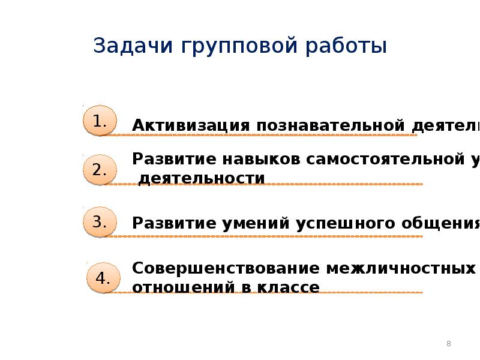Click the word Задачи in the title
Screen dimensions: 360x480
tap(127, 46)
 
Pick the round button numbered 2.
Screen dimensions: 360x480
tap(100, 170)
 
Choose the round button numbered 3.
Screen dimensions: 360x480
tap(100, 223)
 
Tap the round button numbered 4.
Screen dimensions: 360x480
tap(103, 278)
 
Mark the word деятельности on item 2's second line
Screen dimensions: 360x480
tap(202, 178)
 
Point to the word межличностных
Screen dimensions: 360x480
tap(400, 267)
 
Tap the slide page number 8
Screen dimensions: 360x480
tap(449, 344)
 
